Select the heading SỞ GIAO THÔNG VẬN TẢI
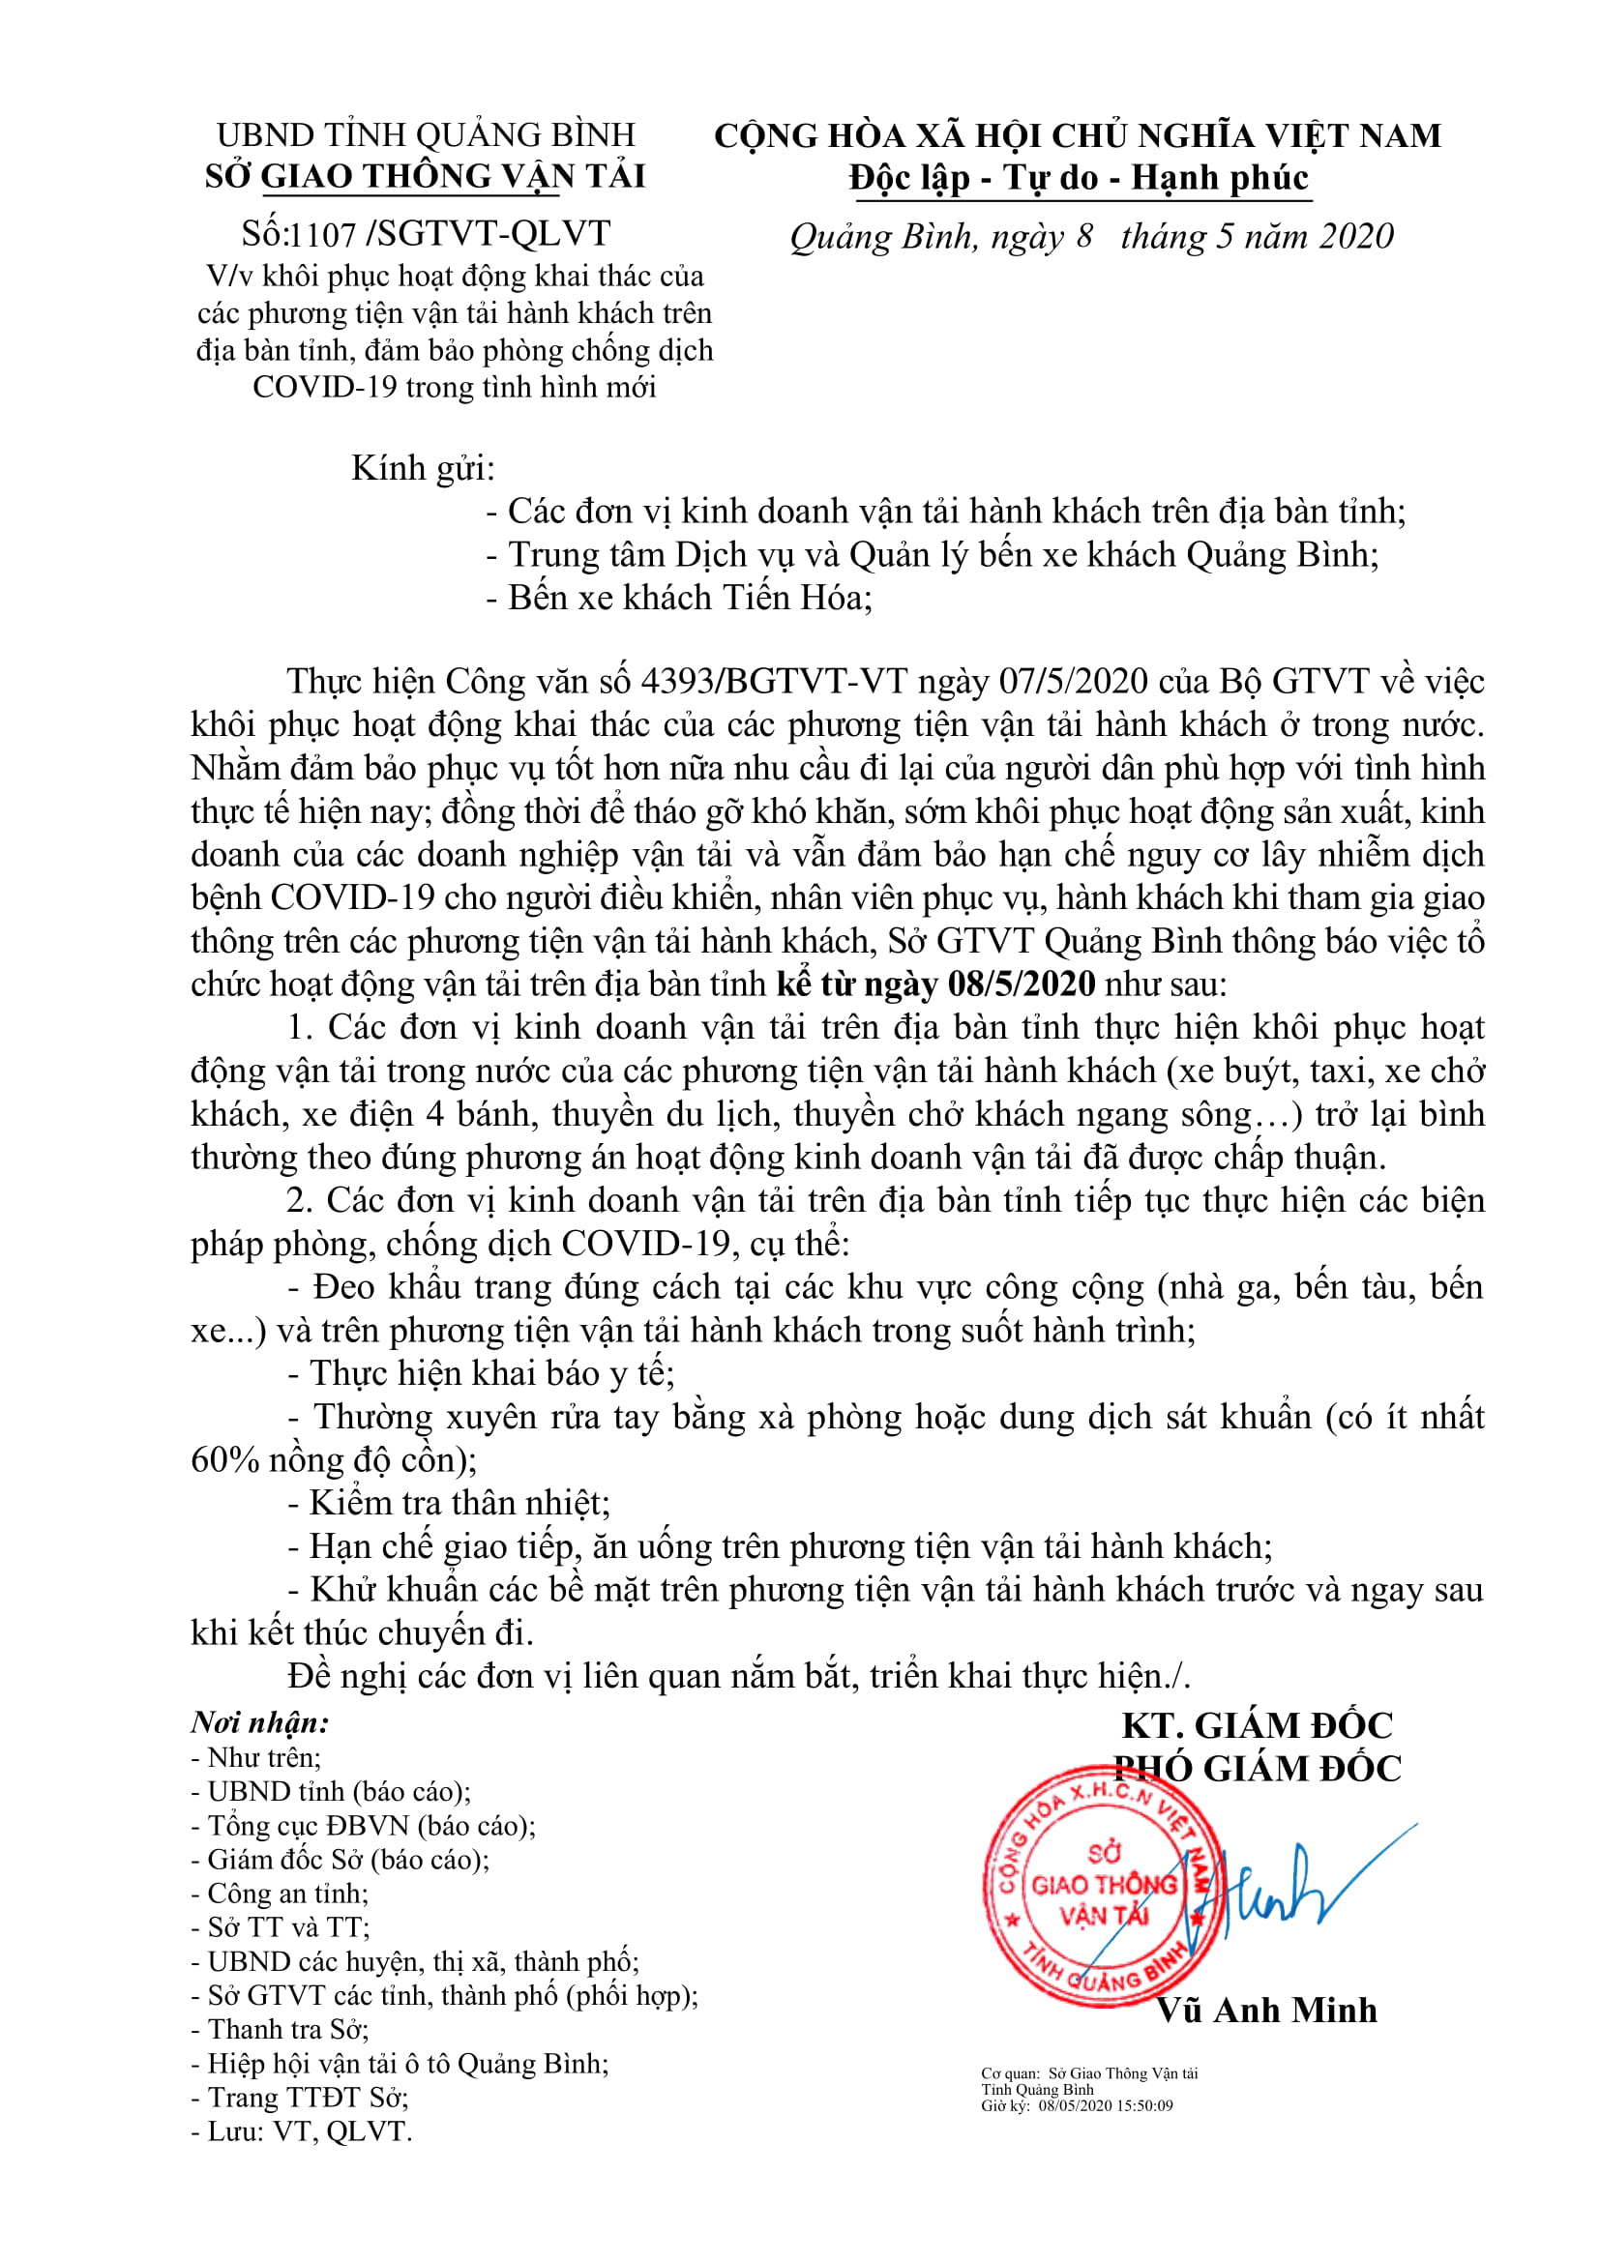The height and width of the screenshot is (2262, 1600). point(425,176)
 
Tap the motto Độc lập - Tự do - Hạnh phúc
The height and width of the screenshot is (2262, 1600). point(1079,178)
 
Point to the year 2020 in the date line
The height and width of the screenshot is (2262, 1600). point(1356,236)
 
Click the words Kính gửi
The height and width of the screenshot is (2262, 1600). point(423,468)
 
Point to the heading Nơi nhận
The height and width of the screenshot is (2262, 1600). point(260,1723)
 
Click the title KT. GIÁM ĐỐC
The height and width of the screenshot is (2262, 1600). point(1258,1726)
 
